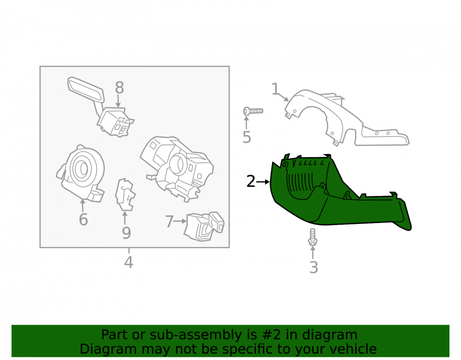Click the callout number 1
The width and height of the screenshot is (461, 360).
coord(275,89)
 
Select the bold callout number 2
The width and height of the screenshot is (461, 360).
coord(250,181)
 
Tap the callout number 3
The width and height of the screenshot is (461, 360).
coord(313,267)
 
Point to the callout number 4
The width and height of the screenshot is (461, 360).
coord(129,262)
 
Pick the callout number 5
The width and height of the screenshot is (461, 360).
coord(247,137)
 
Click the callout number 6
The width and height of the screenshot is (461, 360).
coord(83,219)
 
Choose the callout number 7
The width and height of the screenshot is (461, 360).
coord(169,221)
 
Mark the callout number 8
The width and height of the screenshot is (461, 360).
coord(119,88)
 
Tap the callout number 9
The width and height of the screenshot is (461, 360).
coord(126,233)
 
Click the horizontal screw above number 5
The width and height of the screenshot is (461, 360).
coord(253,111)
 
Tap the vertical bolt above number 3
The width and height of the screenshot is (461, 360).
coord(312,237)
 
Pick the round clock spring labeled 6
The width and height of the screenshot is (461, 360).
coord(81,173)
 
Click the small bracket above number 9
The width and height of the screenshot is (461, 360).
coord(124,195)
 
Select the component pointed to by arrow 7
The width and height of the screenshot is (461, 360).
coord(204,226)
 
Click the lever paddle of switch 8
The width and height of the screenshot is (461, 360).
coord(86,89)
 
